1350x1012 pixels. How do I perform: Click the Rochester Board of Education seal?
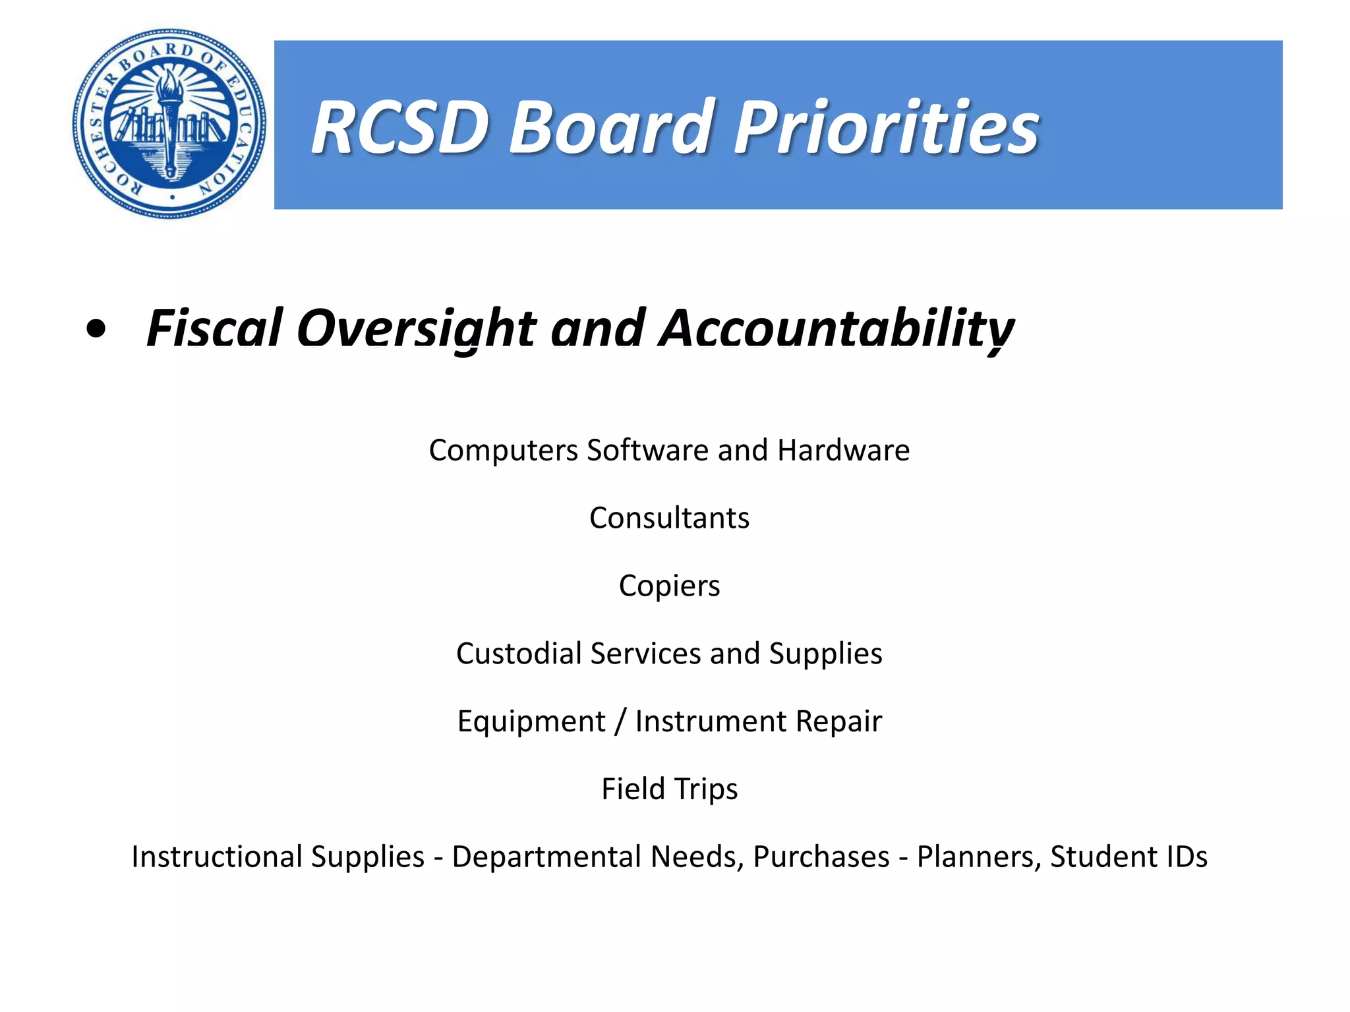click(169, 123)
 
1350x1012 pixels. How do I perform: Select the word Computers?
click(504, 451)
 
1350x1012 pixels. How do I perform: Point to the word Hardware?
click(844, 451)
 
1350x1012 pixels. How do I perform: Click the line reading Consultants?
click(669, 518)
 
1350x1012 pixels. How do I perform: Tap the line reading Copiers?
click(669, 586)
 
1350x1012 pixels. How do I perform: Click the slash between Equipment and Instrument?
click(620, 721)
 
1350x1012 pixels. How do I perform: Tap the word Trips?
click(705, 789)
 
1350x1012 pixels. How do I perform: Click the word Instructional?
click(278, 857)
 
